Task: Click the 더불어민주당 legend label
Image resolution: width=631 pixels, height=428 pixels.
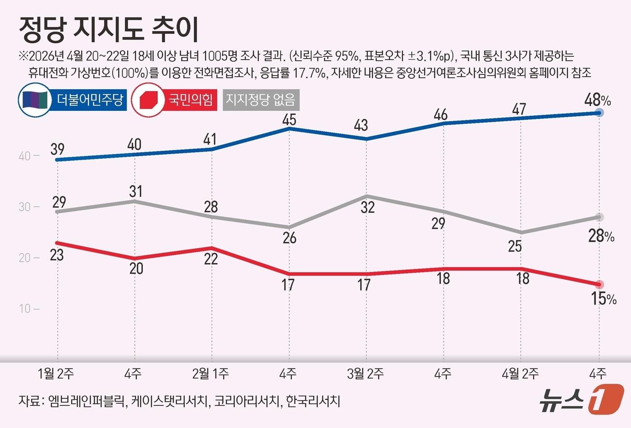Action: pyautogui.click(x=90, y=100)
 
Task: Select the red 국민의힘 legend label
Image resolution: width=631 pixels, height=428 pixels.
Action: pyautogui.click(x=191, y=100)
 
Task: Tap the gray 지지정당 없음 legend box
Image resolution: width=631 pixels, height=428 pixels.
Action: pyautogui.click(x=261, y=100)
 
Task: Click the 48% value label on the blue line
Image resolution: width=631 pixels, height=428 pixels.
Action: pyautogui.click(x=597, y=100)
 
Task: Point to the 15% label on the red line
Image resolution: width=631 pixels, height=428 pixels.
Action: pyautogui.click(x=603, y=298)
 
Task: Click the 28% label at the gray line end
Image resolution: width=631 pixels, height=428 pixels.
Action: pyautogui.click(x=601, y=236)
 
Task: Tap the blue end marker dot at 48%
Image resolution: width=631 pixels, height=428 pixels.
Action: pyautogui.click(x=599, y=113)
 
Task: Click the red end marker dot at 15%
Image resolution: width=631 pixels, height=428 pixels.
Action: pyautogui.click(x=599, y=284)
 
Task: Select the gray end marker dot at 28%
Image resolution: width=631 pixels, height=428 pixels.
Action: pyautogui.click(x=599, y=217)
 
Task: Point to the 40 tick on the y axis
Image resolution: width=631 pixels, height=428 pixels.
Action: pyautogui.click(x=24, y=156)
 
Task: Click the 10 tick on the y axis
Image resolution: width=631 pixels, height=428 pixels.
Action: pyautogui.click(x=24, y=309)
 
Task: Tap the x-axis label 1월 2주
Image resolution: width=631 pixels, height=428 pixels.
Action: pyautogui.click(x=56, y=373)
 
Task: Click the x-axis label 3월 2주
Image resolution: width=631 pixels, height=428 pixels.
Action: pyautogui.click(x=366, y=373)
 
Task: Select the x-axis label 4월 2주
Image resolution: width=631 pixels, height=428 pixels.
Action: pyautogui.click(x=520, y=373)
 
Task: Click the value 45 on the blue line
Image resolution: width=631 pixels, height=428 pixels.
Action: pyautogui.click(x=288, y=119)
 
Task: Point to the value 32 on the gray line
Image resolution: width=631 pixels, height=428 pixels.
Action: pyautogui.click(x=368, y=207)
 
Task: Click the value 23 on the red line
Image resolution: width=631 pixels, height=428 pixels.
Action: pyautogui.click(x=57, y=255)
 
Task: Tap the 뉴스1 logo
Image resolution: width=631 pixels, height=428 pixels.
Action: pyautogui.click(x=581, y=399)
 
